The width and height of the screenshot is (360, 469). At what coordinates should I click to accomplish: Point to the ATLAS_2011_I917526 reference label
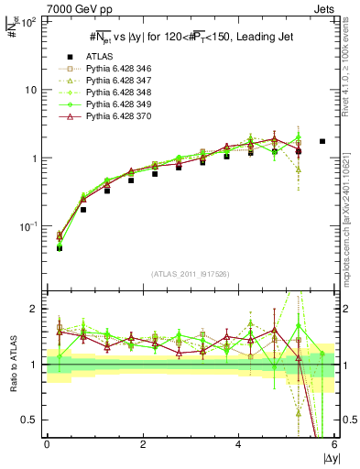190,274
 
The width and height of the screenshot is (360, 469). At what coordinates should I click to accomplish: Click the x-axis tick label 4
238,445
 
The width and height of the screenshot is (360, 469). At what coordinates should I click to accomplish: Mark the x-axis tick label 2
143,445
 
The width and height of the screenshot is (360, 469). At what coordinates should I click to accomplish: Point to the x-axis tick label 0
47,445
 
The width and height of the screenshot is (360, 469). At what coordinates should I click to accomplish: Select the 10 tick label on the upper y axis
28,90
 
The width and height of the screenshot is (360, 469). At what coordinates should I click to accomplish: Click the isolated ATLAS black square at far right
322,141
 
